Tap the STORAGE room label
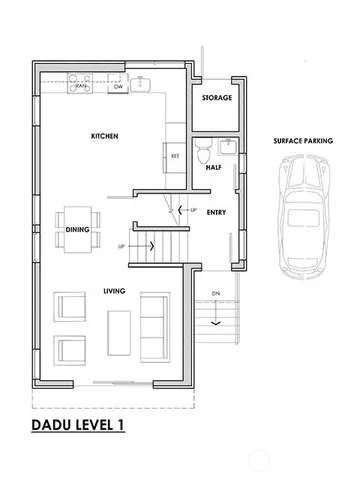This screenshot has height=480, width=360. point(217,98)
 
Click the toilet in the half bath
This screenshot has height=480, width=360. point(204,154)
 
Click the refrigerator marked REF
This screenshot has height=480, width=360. point(175,157)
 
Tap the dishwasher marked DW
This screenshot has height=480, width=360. point(117,87)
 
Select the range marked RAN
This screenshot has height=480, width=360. point(81,87)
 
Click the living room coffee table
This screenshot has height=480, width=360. point(120,327)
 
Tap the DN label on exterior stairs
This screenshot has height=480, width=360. point(216,294)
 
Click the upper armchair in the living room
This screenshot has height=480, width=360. point(70,308)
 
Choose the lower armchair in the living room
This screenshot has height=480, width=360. point(70,351)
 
